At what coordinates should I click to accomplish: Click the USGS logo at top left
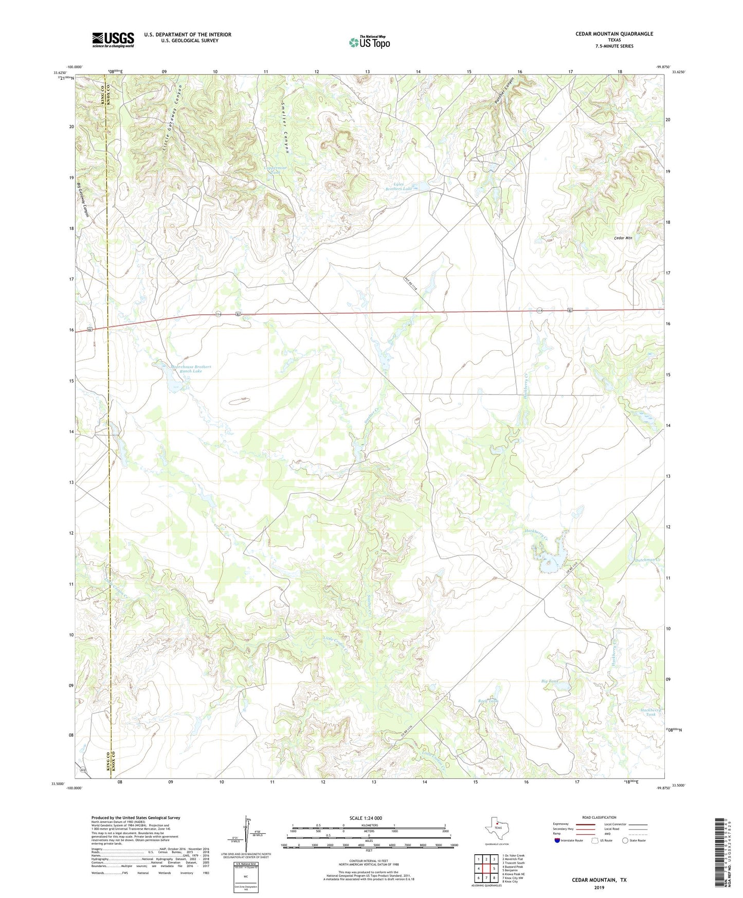[x=113, y=40]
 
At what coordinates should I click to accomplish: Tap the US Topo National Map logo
[x=369, y=42]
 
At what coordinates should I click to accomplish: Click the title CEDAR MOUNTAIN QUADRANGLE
[x=614, y=34]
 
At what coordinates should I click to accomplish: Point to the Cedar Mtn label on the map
[x=623, y=238]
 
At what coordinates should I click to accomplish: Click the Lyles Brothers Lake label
[x=399, y=186]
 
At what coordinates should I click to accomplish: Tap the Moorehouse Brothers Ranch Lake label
[x=191, y=369]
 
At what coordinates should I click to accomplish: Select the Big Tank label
[x=549, y=681]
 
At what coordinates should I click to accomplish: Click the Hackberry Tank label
[x=651, y=712]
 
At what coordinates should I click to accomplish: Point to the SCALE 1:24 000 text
[x=366, y=818]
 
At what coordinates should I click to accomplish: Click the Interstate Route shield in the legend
[x=558, y=841]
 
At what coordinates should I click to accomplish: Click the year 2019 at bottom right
[x=599, y=888]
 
